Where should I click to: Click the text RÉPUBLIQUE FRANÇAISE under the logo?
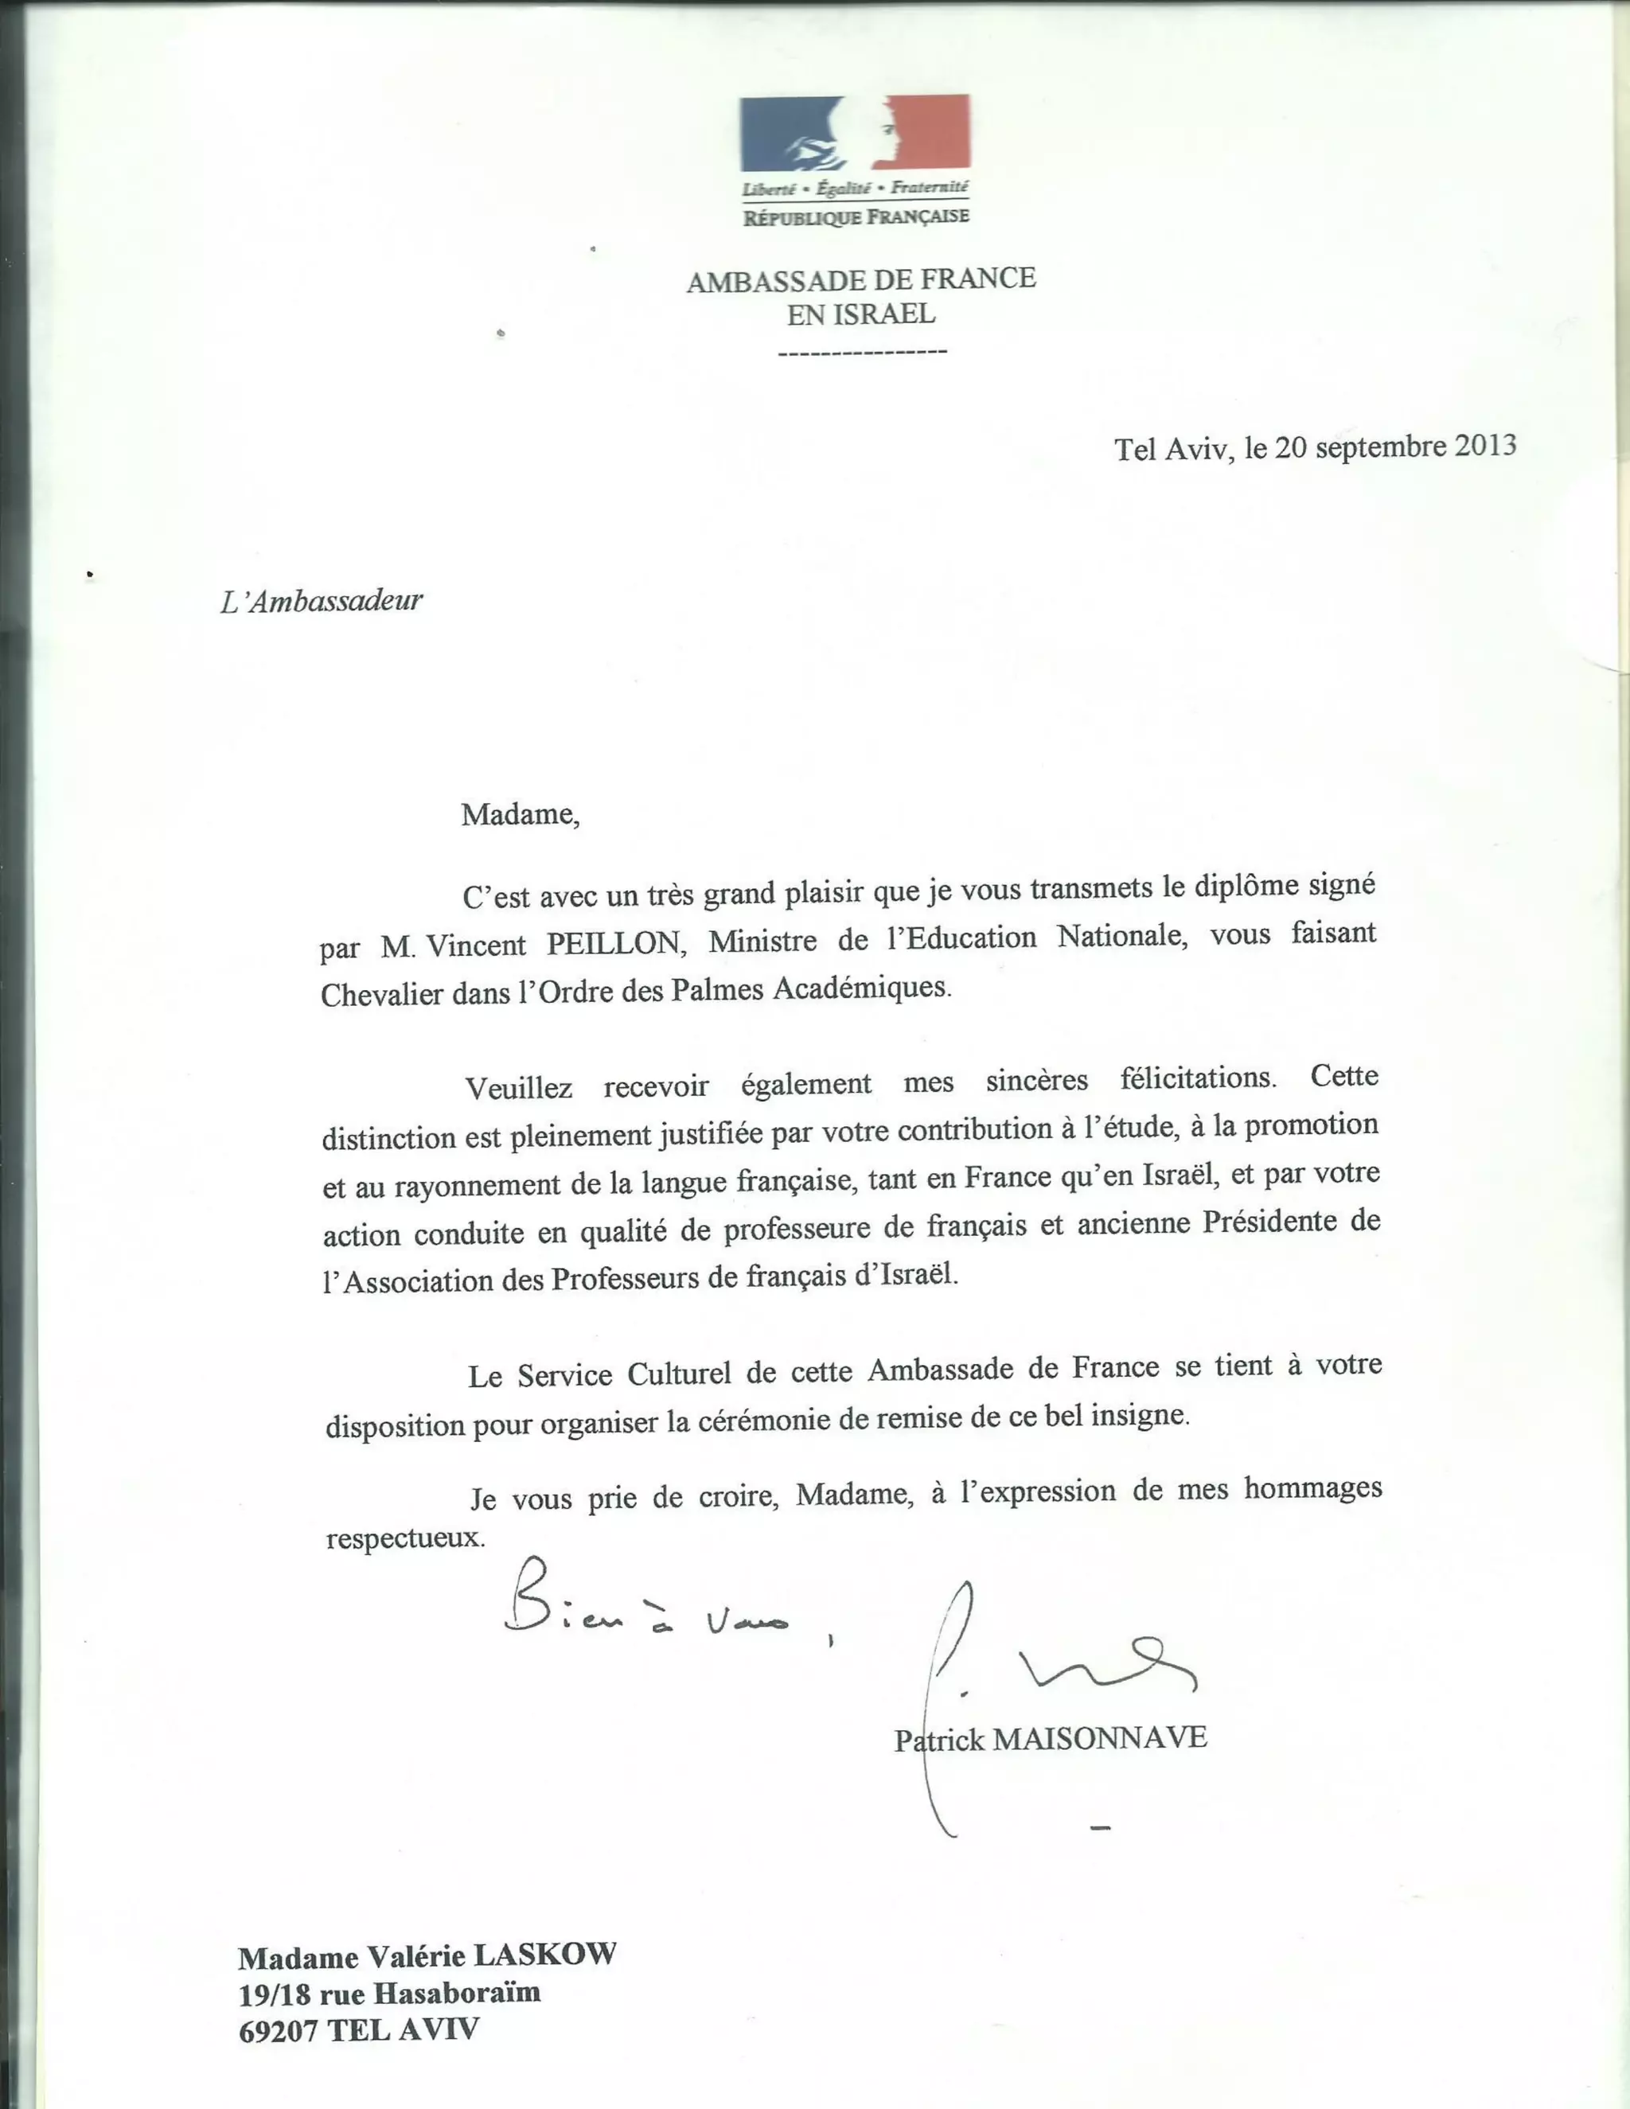coord(856,217)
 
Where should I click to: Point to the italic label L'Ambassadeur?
coord(322,602)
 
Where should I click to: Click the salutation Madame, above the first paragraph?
coord(521,815)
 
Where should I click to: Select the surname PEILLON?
coord(615,942)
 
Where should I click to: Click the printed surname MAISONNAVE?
coord(1100,1738)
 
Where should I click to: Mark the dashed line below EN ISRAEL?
coord(861,352)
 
